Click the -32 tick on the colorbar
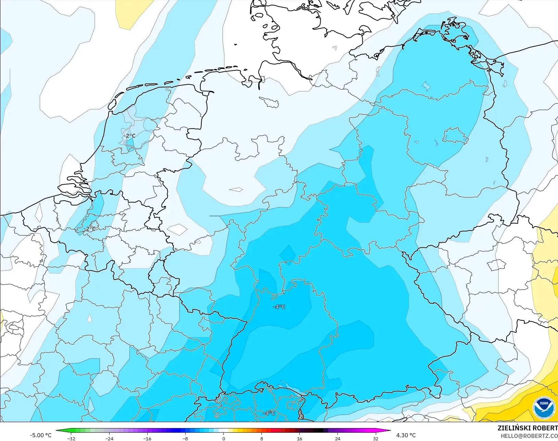72,439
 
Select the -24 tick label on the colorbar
109,439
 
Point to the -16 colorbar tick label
147,439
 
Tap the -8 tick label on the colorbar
185,439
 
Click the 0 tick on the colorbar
224,439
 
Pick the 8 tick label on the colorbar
262,439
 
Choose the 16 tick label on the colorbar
300,439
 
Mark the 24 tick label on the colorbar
338,439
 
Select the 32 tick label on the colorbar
376,439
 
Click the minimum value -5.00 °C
40,435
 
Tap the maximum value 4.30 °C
406,435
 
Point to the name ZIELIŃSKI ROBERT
528,428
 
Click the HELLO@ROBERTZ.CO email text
529,436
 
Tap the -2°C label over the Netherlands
129,136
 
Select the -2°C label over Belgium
90,229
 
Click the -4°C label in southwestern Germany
279,307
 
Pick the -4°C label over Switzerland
269,413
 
